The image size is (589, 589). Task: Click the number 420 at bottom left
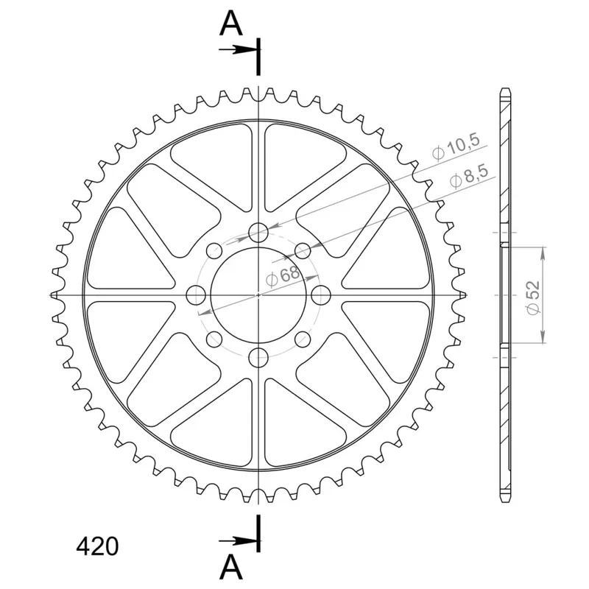pyautogui.click(x=97, y=546)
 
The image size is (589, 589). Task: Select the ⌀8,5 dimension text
pyautogui.click(x=469, y=176)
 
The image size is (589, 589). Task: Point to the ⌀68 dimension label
pyautogui.click(x=283, y=276)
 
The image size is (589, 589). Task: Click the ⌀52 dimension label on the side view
pyautogui.click(x=533, y=297)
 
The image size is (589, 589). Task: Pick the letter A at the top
pyautogui.click(x=230, y=23)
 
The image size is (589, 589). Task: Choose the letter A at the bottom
pyautogui.click(x=230, y=567)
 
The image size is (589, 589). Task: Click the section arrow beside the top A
pyautogui.click(x=239, y=49)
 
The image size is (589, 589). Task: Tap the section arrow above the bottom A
pyautogui.click(x=239, y=541)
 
